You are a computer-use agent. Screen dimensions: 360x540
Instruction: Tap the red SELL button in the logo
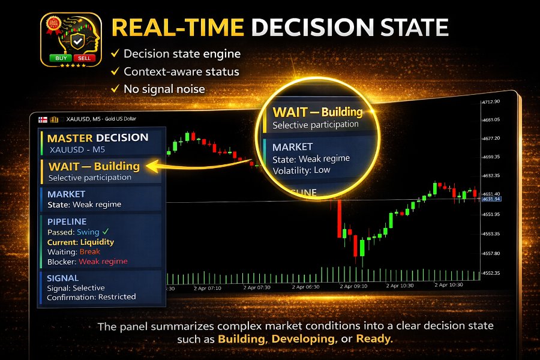coord(83,58)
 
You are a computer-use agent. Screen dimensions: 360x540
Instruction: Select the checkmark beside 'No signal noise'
coord(114,89)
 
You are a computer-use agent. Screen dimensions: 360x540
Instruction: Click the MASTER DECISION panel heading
coord(97,137)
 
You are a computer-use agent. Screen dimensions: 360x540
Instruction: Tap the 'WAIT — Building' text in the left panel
coord(94,166)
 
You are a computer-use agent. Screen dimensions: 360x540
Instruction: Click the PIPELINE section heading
coord(67,222)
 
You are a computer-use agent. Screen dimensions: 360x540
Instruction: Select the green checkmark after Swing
coord(106,232)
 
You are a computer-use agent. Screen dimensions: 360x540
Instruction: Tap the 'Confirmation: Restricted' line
coord(91,296)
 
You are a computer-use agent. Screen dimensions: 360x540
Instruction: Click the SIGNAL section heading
coord(63,278)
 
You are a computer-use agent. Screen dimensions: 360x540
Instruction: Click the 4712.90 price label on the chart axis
coord(491,102)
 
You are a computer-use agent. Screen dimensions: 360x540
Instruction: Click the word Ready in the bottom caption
coord(373,339)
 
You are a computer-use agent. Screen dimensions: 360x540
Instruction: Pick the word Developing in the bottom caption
coord(302,339)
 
